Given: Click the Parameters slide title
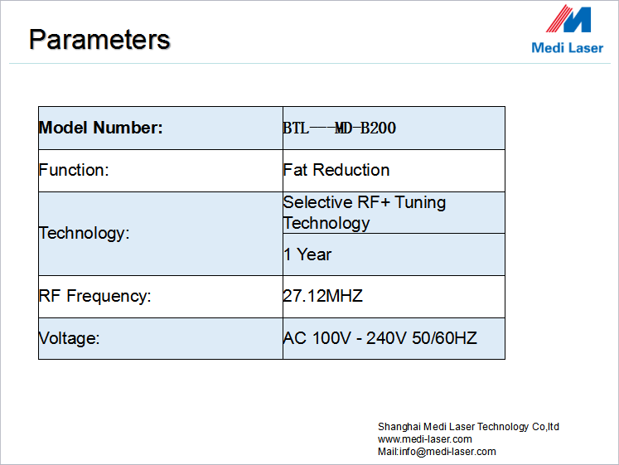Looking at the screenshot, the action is [99, 40].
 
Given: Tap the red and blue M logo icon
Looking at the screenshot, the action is [568, 18].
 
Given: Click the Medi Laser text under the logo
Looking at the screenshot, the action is [568, 48].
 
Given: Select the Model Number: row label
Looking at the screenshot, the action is [100, 128].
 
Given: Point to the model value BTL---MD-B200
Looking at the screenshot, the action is [340, 128].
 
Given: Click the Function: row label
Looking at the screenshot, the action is [74, 170].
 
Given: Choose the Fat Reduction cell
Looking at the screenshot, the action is [336, 170].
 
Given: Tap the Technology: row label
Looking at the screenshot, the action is [84, 233].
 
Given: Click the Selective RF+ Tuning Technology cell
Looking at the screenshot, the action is [365, 212].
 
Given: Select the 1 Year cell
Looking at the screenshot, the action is [307, 254].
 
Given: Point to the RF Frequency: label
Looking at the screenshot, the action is [94, 296].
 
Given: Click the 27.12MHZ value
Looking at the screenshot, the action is [323, 296].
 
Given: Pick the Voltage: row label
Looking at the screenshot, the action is [69, 338].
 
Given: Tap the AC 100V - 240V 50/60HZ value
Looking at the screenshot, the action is [380, 338].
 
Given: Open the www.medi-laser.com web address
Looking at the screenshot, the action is [425, 439].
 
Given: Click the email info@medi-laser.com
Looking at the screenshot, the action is [447, 452].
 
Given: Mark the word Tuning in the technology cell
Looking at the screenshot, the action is [420, 202].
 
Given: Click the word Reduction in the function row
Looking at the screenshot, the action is [351, 170].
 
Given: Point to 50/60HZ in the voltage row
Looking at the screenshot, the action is [444, 338].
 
